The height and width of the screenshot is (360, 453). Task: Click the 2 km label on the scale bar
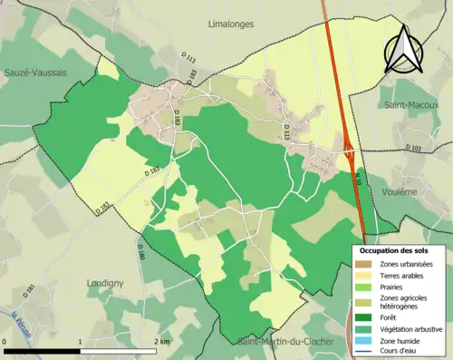pyautogui.click(x=163, y=342)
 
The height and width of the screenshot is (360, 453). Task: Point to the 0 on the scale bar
pyautogui.click(x=5, y=342)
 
